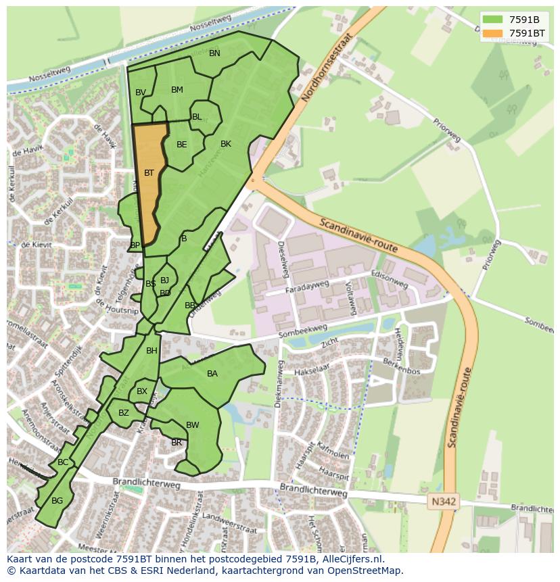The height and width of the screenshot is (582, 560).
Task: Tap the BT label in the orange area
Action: [x=149, y=173]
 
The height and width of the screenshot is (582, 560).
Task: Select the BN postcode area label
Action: [x=214, y=53]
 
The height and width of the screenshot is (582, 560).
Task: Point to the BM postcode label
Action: [x=177, y=90]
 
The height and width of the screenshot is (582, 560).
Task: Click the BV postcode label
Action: [x=141, y=93]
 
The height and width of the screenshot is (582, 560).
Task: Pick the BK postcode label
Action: [x=226, y=144]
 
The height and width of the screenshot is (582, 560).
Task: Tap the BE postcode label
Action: [x=182, y=145]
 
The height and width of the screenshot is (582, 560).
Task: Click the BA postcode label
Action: [x=212, y=374]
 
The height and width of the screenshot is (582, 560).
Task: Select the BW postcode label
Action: [x=193, y=425]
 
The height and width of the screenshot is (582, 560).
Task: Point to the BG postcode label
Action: [x=57, y=501]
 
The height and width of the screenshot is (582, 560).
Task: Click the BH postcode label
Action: [x=151, y=351]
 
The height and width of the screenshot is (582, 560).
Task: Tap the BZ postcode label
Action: [x=124, y=413]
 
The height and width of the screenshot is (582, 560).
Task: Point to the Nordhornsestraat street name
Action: [x=327, y=68]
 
